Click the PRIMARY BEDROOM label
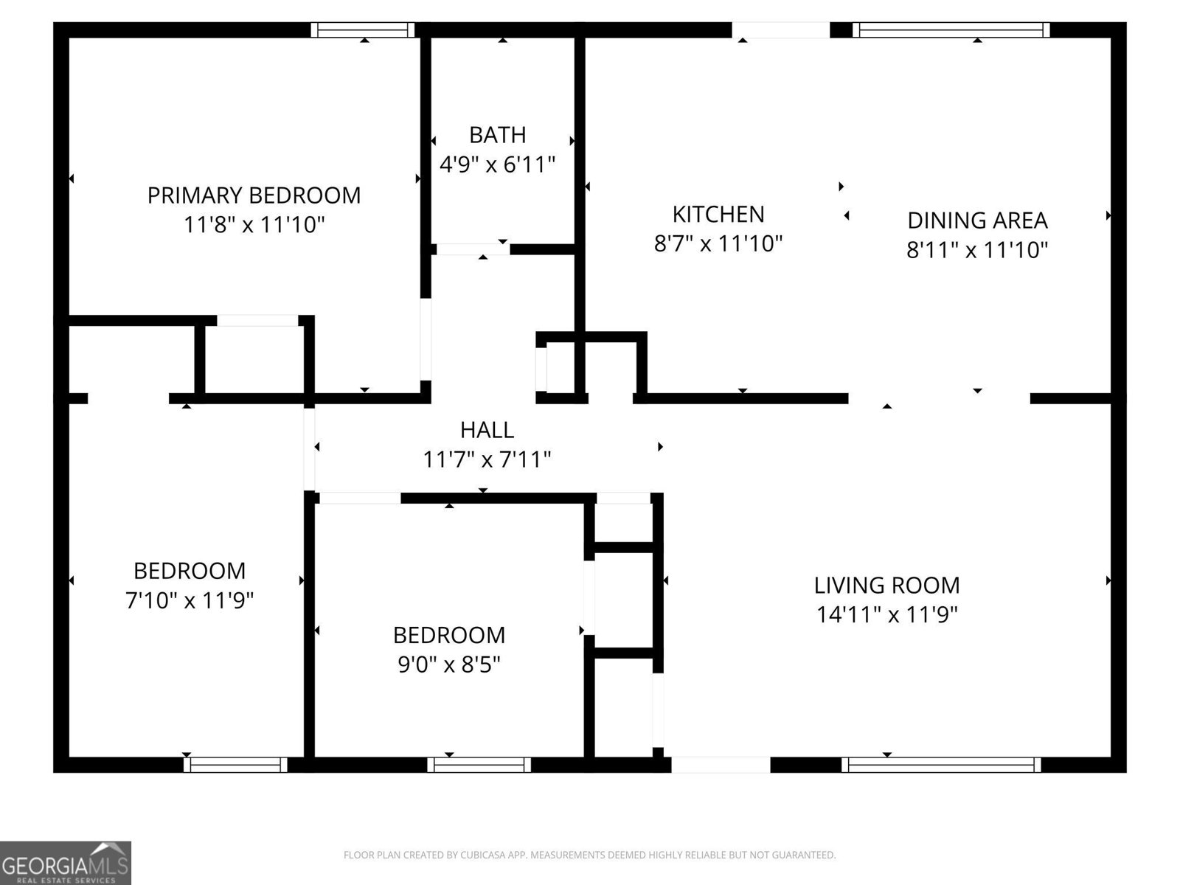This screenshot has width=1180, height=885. (254, 195)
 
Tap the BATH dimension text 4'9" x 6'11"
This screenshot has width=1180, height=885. (497, 164)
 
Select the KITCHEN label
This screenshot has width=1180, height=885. (718, 214)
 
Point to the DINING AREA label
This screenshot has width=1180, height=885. (976, 220)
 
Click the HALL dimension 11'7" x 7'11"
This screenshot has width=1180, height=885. (487, 460)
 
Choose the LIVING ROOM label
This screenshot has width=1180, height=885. (886, 586)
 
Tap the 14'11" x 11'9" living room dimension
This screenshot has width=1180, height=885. (886, 615)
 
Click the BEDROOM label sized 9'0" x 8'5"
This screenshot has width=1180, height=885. (448, 635)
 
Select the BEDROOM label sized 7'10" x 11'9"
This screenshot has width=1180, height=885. (189, 571)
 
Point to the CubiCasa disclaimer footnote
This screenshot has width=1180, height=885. (589, 855)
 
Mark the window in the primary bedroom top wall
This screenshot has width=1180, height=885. (362, 29)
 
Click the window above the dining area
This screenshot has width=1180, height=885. (951, 29)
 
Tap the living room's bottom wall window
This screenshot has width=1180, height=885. (941, 765)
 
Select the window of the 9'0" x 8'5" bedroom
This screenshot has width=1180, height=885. (479, 765)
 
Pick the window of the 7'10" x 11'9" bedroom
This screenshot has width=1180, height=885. (235, 765)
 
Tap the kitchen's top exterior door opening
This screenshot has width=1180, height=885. (780, 29)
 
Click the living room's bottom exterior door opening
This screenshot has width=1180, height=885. (721, 765)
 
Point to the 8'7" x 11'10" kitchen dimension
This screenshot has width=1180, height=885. (718, 243)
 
